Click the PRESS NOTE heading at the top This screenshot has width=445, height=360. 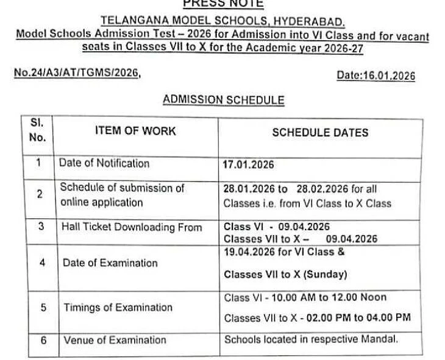222,4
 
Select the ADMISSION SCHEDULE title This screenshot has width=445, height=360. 223,100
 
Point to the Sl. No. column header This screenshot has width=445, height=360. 37,130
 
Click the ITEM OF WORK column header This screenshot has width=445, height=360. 135,130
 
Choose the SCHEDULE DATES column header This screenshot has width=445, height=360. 320,132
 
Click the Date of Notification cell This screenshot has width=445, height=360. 104,163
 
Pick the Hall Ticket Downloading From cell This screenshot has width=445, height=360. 132,227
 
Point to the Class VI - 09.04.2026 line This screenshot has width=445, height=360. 277,227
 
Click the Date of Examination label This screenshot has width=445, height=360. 110,263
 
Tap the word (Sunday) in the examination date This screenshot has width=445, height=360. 326,274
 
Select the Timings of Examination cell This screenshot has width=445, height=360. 118,308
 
